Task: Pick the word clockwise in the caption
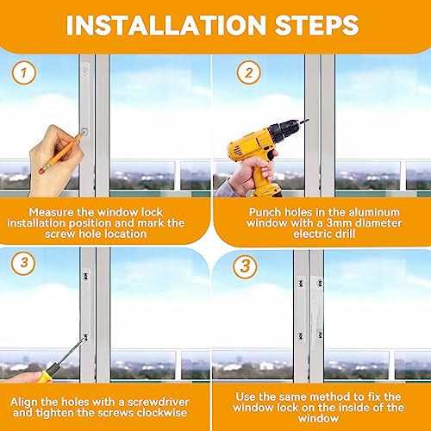(157, 413)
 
